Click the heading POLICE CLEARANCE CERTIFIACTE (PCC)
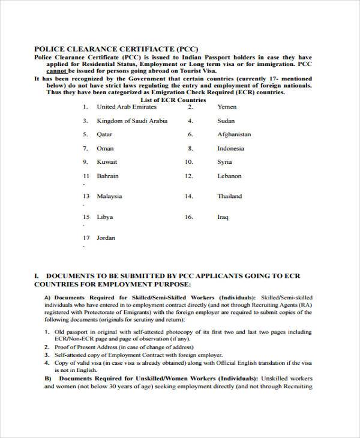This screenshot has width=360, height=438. coord(116,49)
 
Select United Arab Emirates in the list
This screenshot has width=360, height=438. coord(126,107)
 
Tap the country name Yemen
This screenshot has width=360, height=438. coord(227,107)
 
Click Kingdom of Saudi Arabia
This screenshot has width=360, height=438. coord(132,121)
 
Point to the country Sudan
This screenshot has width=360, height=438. coord(226,121)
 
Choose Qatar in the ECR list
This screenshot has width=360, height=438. coord(105,134)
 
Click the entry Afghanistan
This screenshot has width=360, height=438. coord(234,134)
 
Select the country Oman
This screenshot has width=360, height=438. coord(105,148)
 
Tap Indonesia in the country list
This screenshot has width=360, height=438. coord(230,148)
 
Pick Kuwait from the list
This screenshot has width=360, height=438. coord(107,162)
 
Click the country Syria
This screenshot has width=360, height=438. coord(224,162)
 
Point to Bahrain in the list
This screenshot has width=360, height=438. coord(108,176)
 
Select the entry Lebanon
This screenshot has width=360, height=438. coord(229,176)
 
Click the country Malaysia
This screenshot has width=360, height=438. coord(109,196)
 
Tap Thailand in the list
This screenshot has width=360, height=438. coord(229,196)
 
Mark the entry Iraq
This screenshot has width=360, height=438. coord(223,217)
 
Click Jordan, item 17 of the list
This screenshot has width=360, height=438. coord(106,238)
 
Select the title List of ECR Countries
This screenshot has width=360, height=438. coord(173,100)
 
